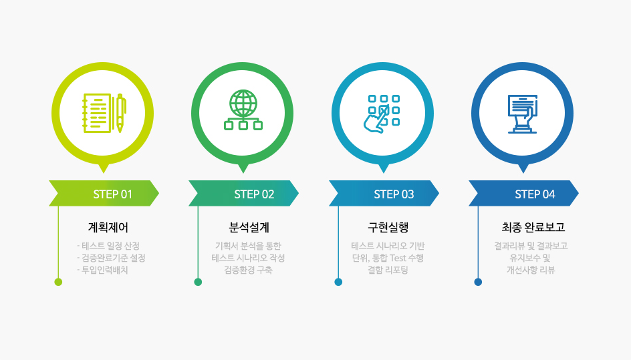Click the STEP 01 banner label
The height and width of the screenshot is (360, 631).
click(113, 194)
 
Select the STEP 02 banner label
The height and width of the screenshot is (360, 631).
click(254, 194)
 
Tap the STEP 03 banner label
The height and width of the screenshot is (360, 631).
click(394, 194)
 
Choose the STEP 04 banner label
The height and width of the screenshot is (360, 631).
click(535, 194)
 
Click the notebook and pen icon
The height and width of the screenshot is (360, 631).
click(104, 113)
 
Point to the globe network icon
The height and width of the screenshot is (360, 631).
click(243, 110)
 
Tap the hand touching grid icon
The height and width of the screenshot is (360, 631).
click(382, 114)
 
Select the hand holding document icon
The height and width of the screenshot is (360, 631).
click(522, 114)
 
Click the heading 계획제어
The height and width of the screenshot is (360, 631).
click(108, 228)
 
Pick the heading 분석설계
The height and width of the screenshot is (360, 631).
click(249, 228)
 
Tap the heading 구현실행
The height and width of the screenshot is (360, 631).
click(388, 228)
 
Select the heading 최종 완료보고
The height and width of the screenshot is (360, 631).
click(533, 228)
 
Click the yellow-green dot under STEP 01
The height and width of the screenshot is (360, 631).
click(58, 282)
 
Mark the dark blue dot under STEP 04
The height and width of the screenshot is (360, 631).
click(478, 282)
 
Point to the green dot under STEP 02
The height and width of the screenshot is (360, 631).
click(198, 282)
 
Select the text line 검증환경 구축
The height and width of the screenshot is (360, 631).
click(248, 270)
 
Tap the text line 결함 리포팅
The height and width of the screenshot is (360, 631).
click(388, 270)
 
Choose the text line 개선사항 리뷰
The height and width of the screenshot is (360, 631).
click(531, 270)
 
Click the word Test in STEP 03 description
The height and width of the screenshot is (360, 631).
click(398, 258)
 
